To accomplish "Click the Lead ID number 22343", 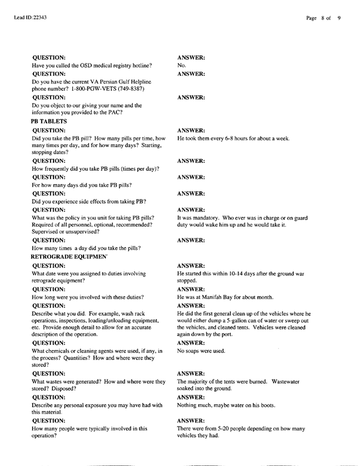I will pos(38,18).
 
